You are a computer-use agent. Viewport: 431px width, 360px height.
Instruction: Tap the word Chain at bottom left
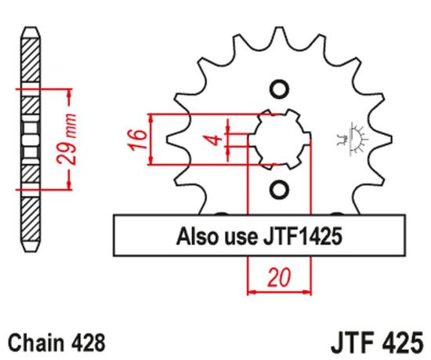pyautogui.click(x=34, y=343)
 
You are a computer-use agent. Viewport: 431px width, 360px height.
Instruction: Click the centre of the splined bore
pyautogui.click(x=279, y=139)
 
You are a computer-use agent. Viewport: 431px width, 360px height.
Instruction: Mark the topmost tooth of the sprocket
pyautogui.click(x=278, y=33)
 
